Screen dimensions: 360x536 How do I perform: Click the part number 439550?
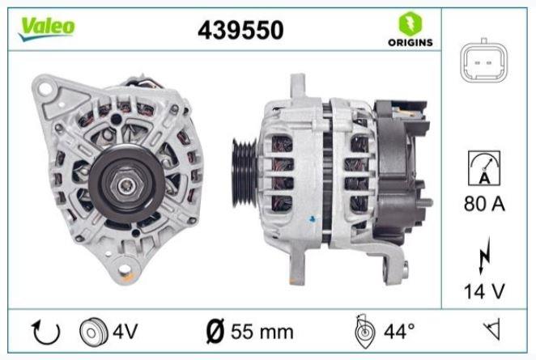[240, 30]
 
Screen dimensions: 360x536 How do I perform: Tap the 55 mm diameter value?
[261, 332]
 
